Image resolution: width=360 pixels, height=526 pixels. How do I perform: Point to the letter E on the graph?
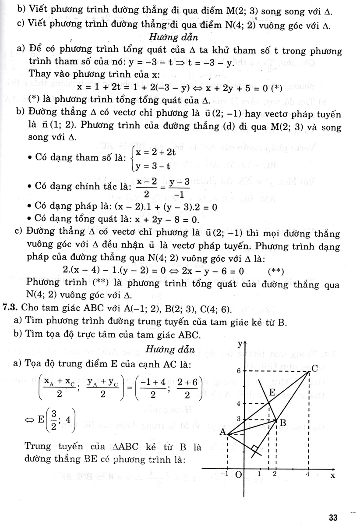(272, 392)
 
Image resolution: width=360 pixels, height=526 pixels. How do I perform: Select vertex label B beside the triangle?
(283, 423)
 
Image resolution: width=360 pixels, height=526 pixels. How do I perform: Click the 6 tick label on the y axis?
(240, 371)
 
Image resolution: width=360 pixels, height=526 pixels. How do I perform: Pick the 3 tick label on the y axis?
(239, 419)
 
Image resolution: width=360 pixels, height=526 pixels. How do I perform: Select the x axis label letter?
(333, 475)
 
